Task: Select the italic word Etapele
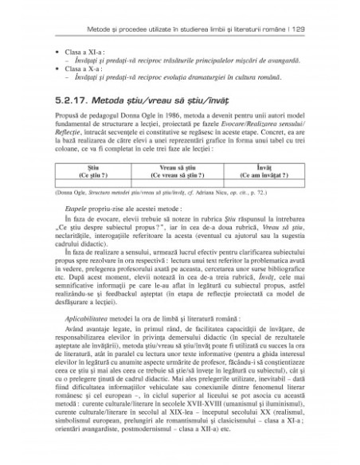pyautogui.click(x=81, y=228)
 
